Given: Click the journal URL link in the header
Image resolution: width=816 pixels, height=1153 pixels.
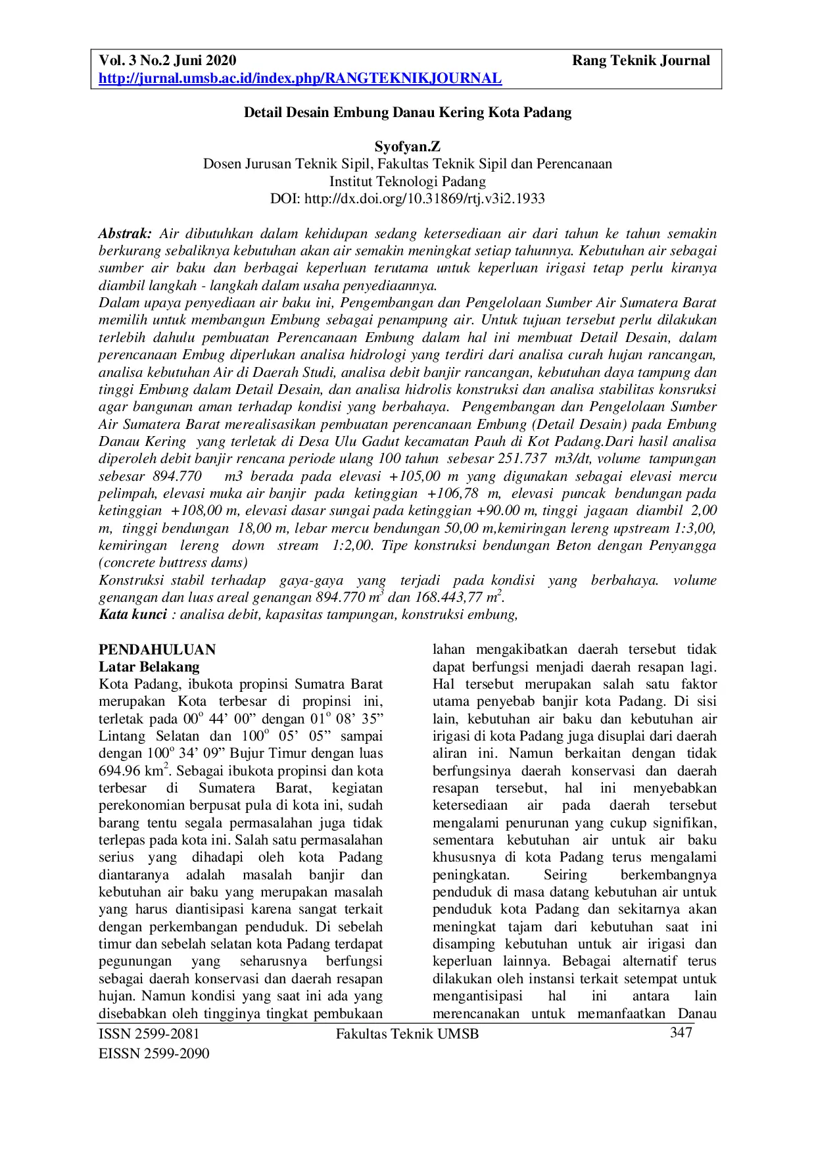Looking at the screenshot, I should (300, 79).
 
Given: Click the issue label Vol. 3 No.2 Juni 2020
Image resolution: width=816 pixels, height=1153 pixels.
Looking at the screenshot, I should (167, 61).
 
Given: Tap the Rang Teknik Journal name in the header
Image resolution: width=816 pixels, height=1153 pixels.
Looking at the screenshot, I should (640, 61).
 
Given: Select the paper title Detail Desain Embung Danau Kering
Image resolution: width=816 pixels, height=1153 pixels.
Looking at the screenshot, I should (407, 112).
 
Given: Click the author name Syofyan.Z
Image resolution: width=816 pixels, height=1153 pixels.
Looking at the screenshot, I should (407, 147).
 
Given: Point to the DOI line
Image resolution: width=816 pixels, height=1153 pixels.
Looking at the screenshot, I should (407, 199).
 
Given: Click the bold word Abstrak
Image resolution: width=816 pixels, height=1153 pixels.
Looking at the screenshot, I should (125, 233).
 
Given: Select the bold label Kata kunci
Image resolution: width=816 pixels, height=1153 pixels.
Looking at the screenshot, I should (132, 614).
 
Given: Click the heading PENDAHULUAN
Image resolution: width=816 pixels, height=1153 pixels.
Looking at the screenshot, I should (157, 650).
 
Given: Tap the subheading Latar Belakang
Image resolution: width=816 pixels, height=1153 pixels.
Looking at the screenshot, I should (149, 667).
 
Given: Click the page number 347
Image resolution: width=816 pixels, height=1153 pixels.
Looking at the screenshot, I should (681, 1033).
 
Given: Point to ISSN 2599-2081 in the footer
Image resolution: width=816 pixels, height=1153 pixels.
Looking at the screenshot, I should (149, 1034).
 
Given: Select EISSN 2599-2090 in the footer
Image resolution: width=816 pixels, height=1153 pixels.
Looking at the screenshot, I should (154, 1054).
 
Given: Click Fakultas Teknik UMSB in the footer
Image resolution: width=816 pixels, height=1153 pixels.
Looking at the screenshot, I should (407, 1034).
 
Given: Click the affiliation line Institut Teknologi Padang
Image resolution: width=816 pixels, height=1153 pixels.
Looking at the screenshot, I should (407, 182).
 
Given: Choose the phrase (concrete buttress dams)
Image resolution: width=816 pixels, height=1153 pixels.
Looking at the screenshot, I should (173, 563).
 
